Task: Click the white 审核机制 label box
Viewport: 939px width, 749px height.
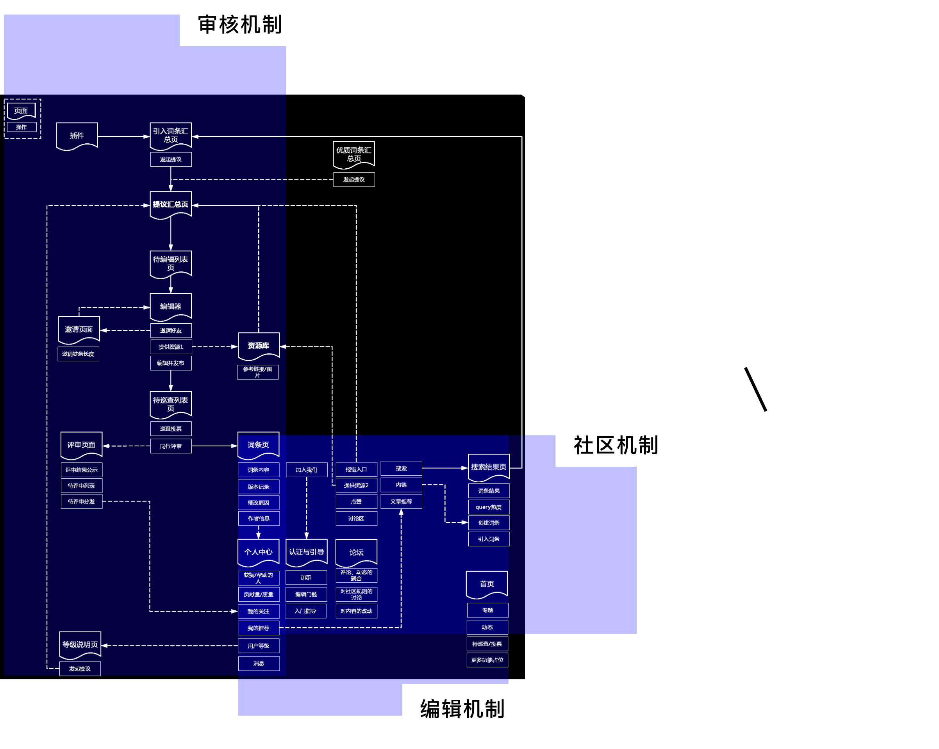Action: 239,23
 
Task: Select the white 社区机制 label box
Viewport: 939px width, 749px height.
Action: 614,444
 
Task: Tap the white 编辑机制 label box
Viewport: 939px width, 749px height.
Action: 461,708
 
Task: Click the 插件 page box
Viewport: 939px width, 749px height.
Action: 77,136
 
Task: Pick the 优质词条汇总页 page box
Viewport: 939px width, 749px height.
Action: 353,154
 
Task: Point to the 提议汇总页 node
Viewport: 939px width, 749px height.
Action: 170,205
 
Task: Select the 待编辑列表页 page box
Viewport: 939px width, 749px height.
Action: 170,264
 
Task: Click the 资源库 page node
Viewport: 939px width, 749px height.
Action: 258,346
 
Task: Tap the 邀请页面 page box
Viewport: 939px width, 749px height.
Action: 79,329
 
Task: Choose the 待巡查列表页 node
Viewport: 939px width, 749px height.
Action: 170,404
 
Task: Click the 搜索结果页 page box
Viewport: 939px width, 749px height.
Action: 488,467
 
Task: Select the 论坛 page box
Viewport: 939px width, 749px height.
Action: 356,552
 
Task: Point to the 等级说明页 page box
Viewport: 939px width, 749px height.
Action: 80,644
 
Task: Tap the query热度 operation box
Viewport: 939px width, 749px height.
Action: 488,507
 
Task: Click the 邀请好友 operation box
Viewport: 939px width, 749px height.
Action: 170,330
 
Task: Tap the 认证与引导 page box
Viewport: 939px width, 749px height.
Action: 306,552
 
